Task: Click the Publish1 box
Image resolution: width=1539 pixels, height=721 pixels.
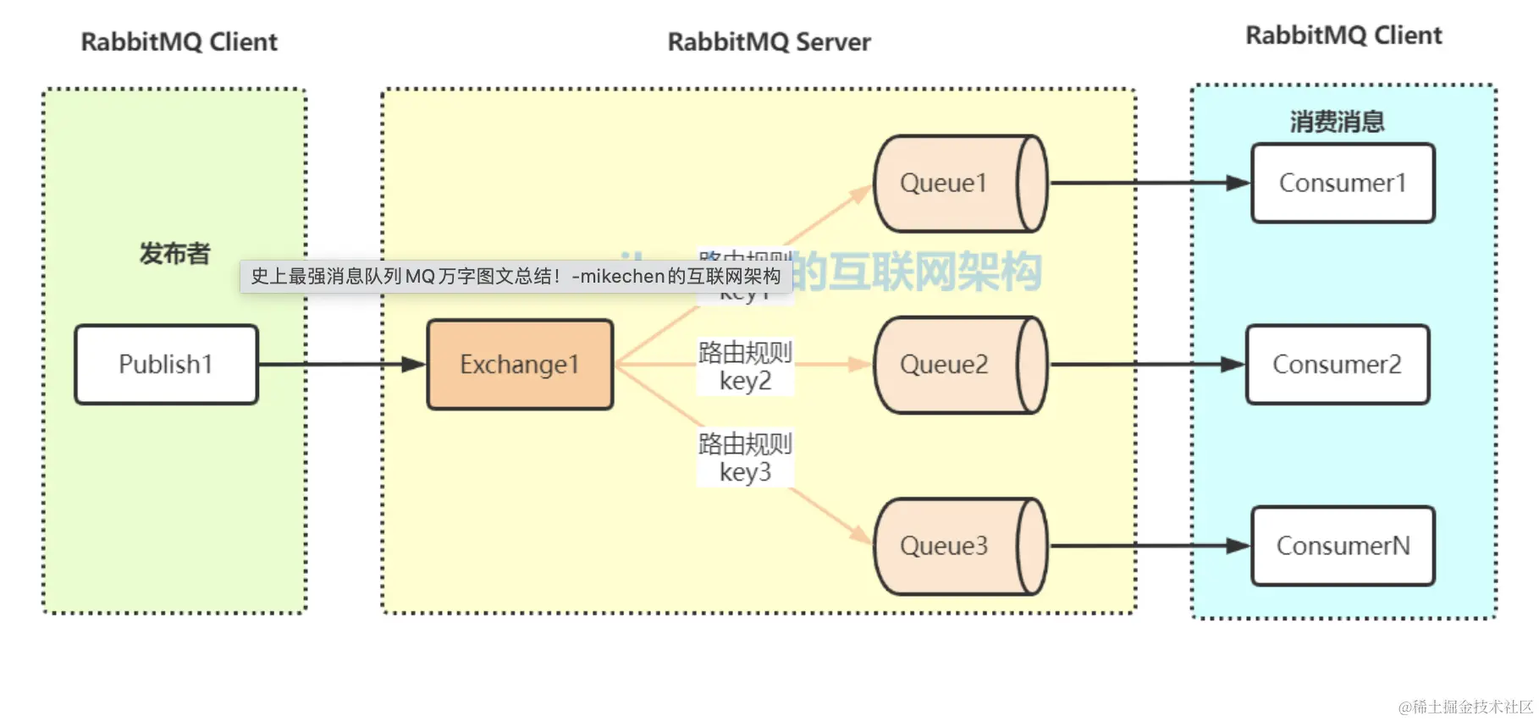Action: (166, 365)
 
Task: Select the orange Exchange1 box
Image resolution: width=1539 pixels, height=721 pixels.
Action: (520, 365)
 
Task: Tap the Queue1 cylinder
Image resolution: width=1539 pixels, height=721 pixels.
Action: (959, 184)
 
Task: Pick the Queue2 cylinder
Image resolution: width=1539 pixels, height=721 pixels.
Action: (959, 365)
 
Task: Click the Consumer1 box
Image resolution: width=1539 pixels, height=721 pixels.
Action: (1343, 184)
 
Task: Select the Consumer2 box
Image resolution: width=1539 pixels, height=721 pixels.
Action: (1338, 365)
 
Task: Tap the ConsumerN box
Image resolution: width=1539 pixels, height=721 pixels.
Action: (1343, 546)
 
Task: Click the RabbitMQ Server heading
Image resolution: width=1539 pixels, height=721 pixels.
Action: (769, 42)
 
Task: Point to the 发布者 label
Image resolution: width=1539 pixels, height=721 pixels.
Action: (174, 253)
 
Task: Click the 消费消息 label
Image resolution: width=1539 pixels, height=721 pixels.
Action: (1337, 122)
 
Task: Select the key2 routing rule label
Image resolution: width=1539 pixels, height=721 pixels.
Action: (745, 366)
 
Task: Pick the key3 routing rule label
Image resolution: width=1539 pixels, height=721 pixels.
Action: (745, 458)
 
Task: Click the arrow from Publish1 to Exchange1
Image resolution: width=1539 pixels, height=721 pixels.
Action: (339, 365)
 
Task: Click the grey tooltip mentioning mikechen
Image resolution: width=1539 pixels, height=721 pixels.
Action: (515, 277)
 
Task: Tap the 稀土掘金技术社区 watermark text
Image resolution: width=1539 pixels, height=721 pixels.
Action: (1465, 707)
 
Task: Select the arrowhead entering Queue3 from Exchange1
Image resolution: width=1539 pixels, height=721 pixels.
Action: (861, 534)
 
